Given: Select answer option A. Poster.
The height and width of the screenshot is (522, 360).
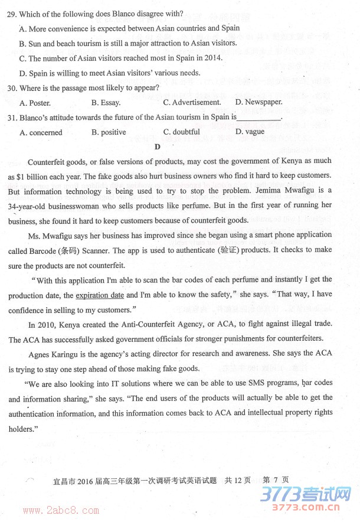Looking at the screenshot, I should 35,102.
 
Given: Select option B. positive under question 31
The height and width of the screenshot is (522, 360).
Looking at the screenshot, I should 109,132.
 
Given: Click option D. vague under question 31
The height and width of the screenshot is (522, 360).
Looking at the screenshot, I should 250,132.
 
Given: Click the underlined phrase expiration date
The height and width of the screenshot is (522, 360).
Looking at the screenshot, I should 100,295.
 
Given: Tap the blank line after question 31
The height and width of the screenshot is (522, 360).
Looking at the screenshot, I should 259,118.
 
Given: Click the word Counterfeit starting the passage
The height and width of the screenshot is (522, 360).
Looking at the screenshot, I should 47,161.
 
